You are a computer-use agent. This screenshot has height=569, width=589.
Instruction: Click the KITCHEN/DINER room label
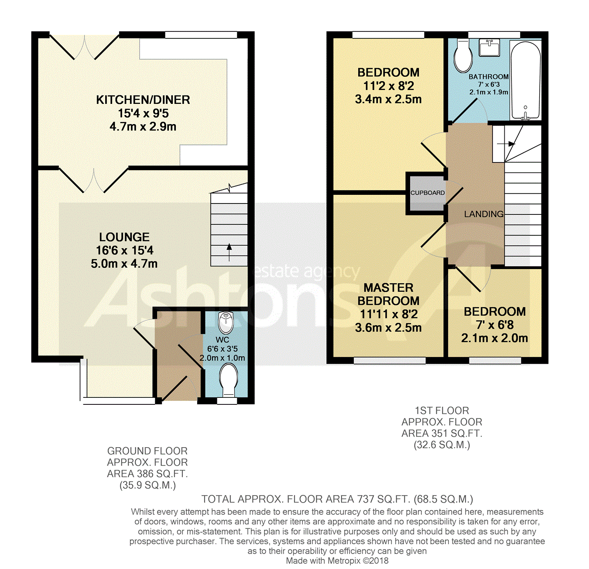(143, 100)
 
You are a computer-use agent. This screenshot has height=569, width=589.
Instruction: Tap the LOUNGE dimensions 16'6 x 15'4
(124, 250)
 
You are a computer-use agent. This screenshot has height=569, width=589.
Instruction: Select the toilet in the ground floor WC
(228, 378)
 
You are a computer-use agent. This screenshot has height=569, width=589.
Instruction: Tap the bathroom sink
(490, 47)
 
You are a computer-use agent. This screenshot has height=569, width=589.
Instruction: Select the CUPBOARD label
(428, 193)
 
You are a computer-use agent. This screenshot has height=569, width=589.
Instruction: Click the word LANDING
(483, 214)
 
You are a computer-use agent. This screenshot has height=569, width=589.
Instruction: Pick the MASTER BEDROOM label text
(388, 294)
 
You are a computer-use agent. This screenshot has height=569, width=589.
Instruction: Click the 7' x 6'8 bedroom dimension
(494, 325)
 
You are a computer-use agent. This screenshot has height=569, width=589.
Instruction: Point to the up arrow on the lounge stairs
(229, 252)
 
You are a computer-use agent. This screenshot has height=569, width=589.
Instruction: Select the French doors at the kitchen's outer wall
(84, 47)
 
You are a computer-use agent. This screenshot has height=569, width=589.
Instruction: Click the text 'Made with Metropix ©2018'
(337, 561)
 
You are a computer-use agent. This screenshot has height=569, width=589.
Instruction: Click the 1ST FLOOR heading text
(442, 410)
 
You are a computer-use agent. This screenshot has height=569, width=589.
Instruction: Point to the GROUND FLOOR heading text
(147, 451)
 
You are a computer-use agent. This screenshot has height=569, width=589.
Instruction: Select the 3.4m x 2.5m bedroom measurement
(388, 99)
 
